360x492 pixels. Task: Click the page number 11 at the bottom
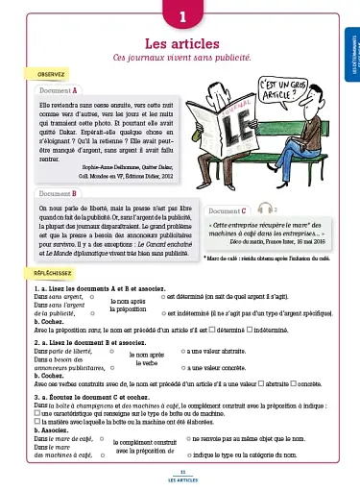[180, 472]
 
